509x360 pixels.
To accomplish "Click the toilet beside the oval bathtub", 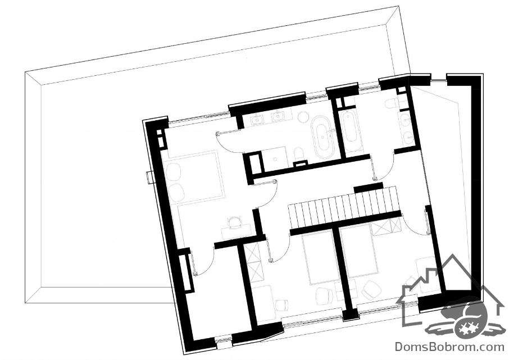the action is [298, 155].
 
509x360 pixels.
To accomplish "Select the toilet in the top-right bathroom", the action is [390, 103].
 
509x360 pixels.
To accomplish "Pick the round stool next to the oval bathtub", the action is [303, 117].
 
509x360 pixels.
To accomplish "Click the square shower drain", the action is [275, 159].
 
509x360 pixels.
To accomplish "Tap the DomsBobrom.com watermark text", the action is [449, 347].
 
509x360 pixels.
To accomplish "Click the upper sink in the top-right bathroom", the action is [405, 120].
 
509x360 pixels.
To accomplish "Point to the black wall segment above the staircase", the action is [368, 188].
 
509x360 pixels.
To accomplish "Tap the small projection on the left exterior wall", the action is [149, 177].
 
